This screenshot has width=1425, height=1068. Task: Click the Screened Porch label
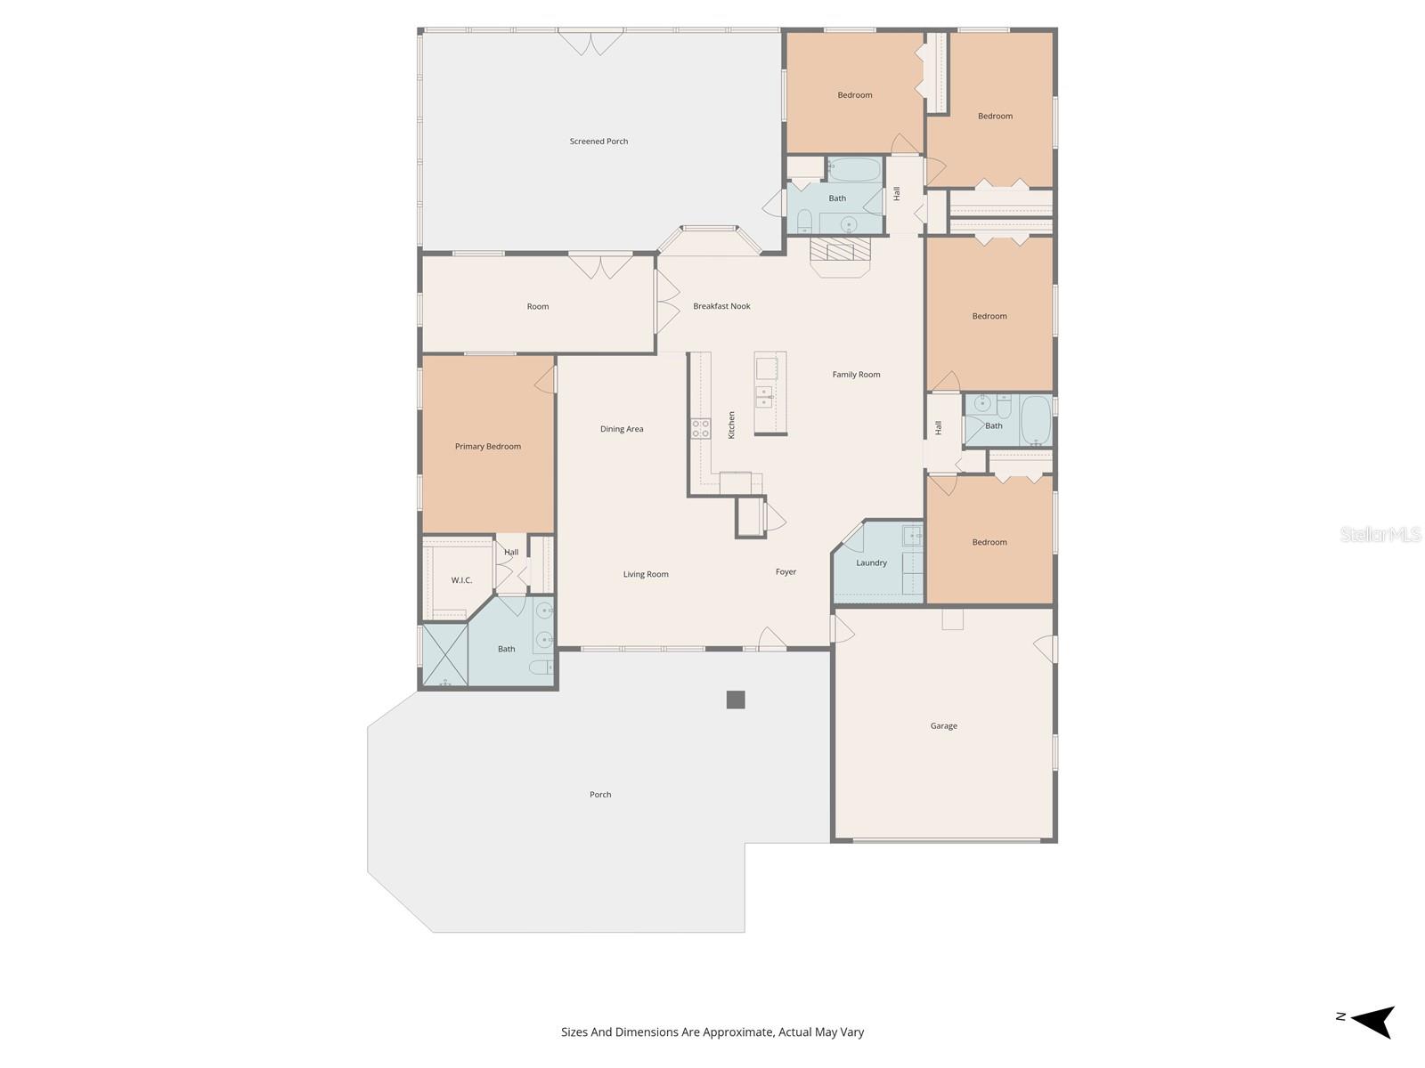click(x=598, y=142)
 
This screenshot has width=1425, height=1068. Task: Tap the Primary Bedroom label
click(x=487, y=447)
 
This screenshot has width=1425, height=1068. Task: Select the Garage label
click(x=943, y=726)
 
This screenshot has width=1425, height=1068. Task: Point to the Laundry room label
click(x=871, y=563)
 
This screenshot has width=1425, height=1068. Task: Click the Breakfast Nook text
click(x=721, y=306)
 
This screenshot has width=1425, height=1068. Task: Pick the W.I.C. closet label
click(x=460, y=580)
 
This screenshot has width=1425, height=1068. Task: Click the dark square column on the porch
click(x=735, y=700)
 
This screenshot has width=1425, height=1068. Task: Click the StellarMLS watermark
click(x=1380, y=535)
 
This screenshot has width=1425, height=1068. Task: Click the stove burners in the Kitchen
click(x=701, y=428)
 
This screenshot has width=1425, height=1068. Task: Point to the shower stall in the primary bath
click(x=444, y=655)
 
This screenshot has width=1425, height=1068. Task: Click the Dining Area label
click(x=621, y=429)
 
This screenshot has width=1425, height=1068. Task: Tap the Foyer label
click(x=786, y=572)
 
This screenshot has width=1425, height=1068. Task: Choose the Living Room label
click(x=645, y=575)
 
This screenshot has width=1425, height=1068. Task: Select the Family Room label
click(x=856, y=375)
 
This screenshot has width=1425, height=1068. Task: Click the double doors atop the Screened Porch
click(x=590, y=42)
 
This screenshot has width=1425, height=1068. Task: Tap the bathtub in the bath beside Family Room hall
click(x=1035, y=421)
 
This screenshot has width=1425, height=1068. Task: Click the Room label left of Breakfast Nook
click(x=537, y=307)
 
